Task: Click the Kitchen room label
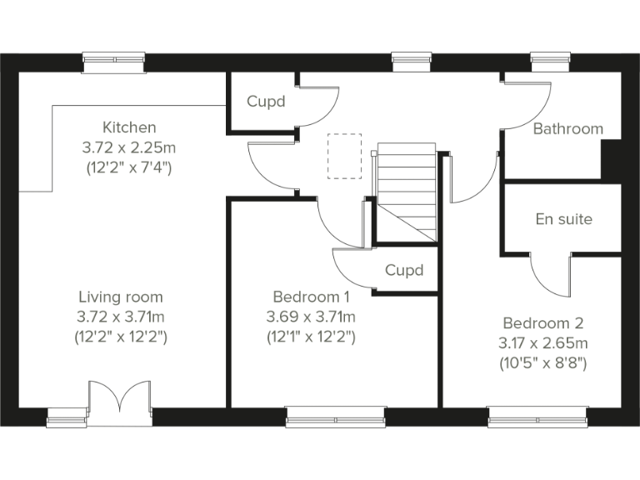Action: point(129,127)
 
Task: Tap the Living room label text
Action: point(121,297)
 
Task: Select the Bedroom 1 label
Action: point(311,297)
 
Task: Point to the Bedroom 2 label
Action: point(543,323)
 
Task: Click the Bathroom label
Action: point(567,129)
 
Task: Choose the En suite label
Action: point(563,219)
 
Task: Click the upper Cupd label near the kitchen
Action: point(266,102)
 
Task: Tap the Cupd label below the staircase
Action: point(404,270)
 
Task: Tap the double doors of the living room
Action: point(120,399)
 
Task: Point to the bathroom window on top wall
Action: point(551,60)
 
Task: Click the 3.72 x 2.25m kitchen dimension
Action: point(129,147)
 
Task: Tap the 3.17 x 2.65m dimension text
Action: point(543,342)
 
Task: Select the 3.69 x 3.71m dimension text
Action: point(311,317)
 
